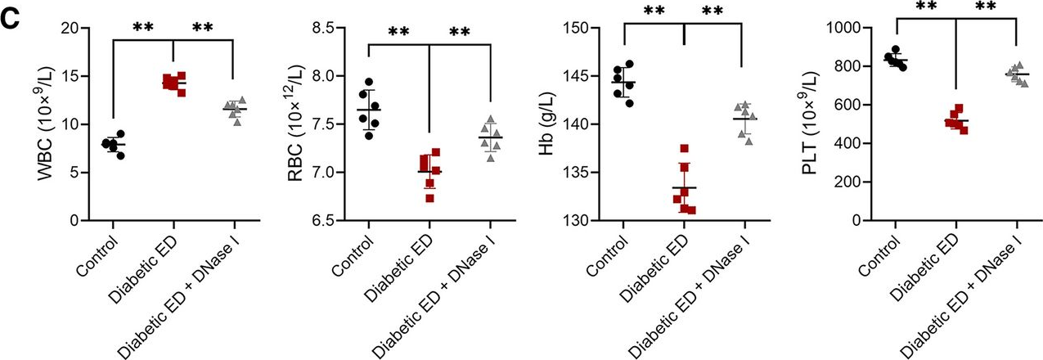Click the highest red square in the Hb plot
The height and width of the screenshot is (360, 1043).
tap(684, 148)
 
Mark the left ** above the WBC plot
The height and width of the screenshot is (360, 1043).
tap(143, 26)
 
